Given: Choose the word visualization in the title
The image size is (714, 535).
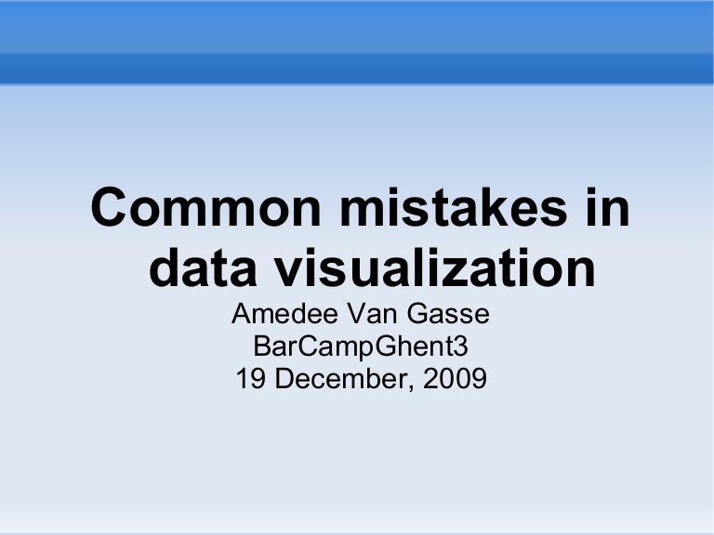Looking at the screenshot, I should [x=431, y=268].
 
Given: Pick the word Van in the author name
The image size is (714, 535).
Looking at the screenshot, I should [x=369, y=316].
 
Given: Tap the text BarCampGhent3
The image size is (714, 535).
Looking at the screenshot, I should [x=361, y=347].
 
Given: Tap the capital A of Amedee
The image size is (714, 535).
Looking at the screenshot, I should [x=241, y=316].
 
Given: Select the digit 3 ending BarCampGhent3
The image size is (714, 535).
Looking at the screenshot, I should [x=460, y=347].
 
